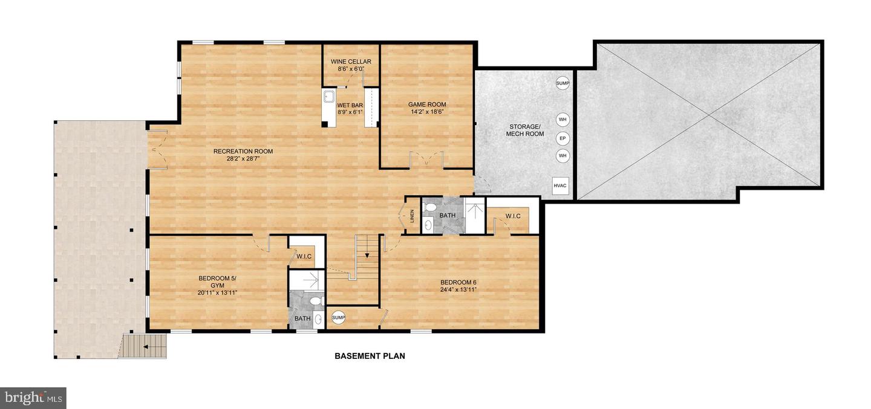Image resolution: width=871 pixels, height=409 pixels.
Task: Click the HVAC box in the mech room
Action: tap(560, 185)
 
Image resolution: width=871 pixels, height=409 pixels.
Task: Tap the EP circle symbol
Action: tap(563, 138)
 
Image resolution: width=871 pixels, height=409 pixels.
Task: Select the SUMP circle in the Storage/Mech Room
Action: tap(563, 83)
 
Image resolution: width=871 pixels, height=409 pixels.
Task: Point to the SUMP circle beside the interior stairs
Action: tap(338, 318)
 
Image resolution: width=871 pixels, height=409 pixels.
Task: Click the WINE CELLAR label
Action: tap(351, 62)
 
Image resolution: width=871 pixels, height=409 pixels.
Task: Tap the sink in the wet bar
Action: tap(329, 97)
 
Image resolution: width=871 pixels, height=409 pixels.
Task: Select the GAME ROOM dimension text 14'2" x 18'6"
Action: tap(427, 111)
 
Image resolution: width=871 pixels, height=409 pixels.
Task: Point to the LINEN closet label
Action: tap(412, 216)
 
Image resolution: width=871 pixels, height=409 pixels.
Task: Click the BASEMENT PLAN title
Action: tap(370, 356)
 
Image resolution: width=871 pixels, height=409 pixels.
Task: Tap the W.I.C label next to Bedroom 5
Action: tap(304, 257)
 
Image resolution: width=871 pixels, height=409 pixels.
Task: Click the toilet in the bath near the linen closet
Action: tap(431, 207)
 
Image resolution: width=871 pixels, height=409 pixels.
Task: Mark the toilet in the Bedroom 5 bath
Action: tap(315, 300)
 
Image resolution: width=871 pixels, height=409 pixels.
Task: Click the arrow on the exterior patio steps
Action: tap(146, 347)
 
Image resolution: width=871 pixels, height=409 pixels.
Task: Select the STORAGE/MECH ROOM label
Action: tap(524, 130)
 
